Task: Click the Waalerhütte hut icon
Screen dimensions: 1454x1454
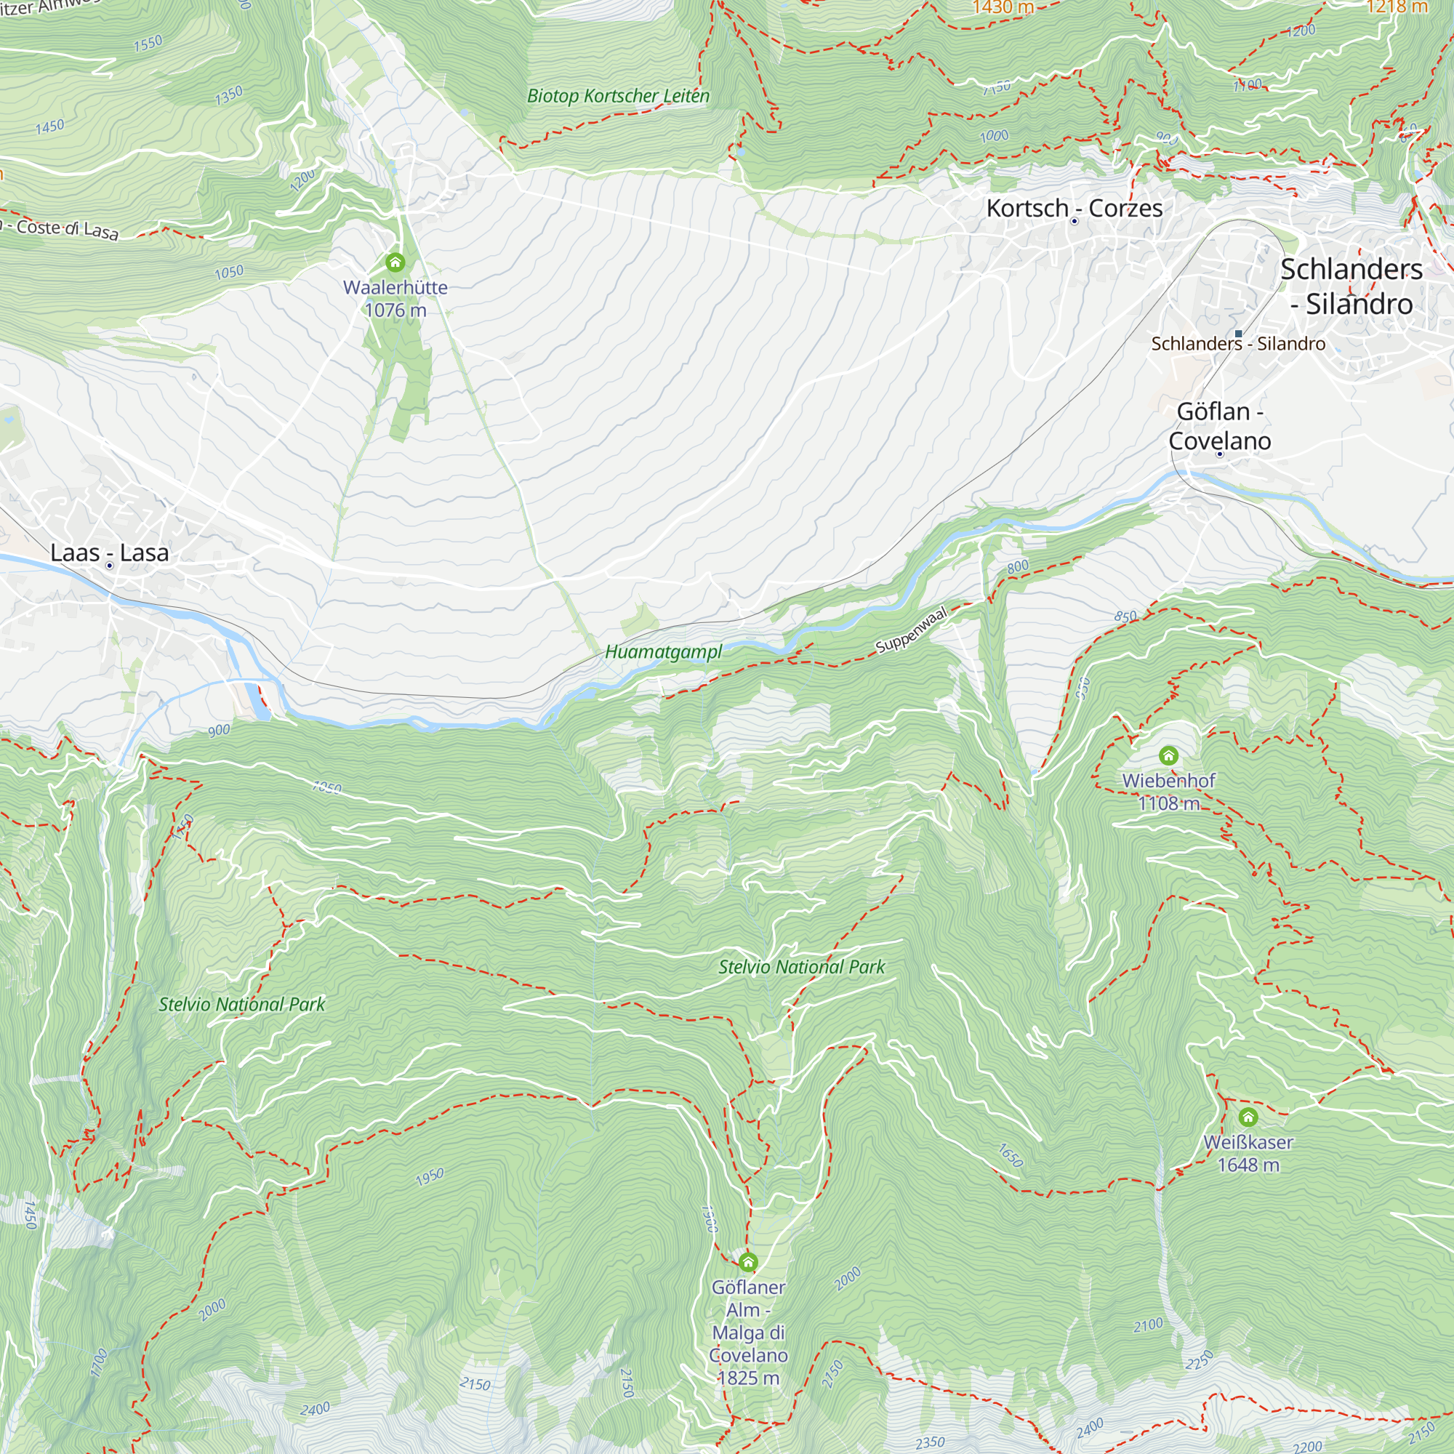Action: point(395,262)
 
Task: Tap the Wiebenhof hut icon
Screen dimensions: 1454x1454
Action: point(1168,755)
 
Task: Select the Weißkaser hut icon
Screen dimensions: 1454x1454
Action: point(1248,1117)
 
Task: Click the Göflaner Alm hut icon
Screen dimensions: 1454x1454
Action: point(748,1262)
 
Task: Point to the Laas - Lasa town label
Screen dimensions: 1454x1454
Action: point(110,553)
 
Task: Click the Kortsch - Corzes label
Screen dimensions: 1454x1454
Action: point(1074,208)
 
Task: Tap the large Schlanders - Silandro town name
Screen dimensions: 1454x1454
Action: point(1351,286)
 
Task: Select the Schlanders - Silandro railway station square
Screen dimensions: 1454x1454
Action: point(1238,334)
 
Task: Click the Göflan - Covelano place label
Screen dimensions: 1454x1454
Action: point(1219,426)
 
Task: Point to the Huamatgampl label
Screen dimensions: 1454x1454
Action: point(663,651)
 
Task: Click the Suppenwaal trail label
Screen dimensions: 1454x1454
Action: point(911,630)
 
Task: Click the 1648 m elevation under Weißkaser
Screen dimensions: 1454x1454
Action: point(1248,1165)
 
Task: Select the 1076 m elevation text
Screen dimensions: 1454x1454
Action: point(395,310)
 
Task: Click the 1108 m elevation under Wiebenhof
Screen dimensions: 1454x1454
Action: point(1168,804)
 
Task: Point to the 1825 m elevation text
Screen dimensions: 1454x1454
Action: point(748,1378)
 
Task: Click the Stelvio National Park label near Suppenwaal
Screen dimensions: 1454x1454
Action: point(801,967)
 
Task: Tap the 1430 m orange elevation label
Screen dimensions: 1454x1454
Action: point(1003,7)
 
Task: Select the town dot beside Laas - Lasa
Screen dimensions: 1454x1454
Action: point(110,565)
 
